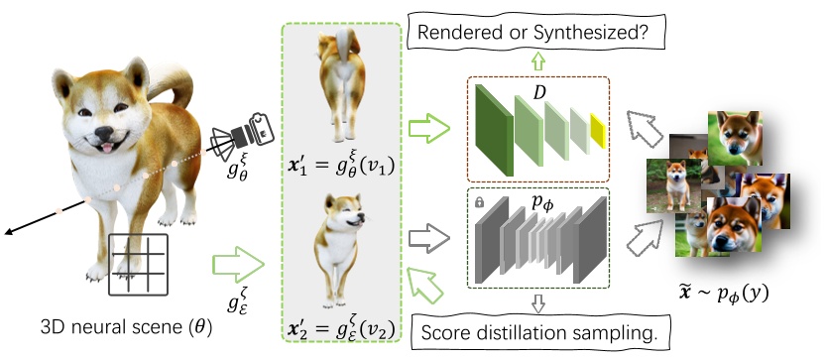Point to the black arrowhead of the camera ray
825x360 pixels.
[8, 231]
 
